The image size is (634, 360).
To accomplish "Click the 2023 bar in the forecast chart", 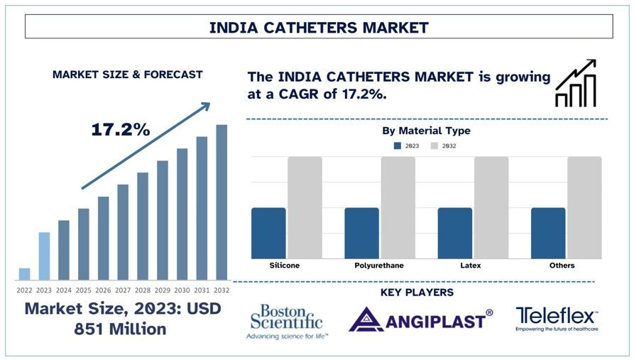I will click(44, 256).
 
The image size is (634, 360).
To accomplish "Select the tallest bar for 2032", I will click(222, 202).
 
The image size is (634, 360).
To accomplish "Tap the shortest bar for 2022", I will click(24, 274).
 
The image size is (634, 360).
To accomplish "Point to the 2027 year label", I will click(124, 290).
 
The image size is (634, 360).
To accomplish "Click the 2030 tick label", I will click(182, 290).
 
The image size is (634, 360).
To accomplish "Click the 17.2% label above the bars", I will click(120, 130).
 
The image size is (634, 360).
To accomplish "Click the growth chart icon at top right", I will click(576, 84).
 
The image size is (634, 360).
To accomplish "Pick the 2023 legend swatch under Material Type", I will click(398, 146).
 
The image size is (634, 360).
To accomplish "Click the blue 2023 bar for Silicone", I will click(268, 233).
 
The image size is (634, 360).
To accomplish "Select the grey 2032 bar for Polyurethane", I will click(398, 207).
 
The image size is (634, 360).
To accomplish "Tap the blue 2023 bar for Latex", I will click(455, 233).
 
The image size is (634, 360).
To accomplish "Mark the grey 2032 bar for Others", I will click(584, 207).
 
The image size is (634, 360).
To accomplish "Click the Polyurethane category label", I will click(379, 266).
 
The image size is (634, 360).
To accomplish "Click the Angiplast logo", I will click(420, 320).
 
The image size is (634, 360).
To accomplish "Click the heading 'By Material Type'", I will click(426, 131).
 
